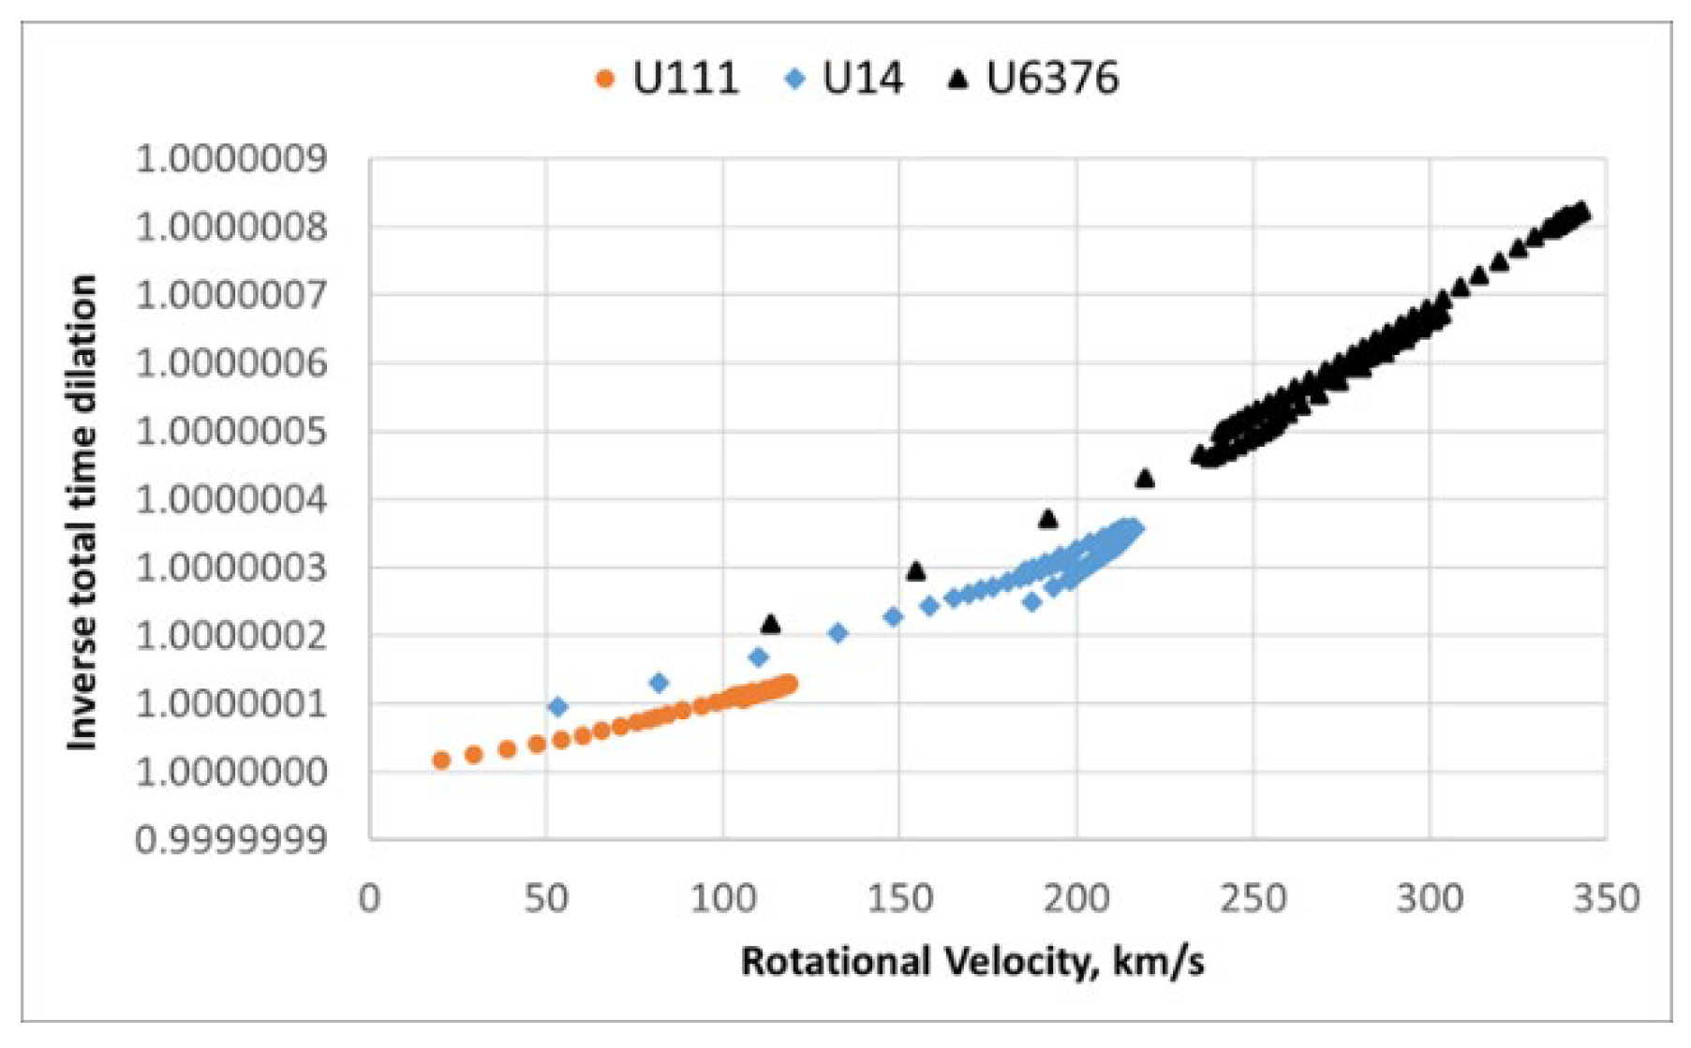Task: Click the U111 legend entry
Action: point(668,79)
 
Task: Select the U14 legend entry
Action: point(844,79)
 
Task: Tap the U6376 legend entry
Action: point(1034,79)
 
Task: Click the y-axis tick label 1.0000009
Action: point(231,159)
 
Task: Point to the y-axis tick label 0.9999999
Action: point(231,840)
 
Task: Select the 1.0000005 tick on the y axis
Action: point(231,432)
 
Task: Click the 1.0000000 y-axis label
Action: point(231,773)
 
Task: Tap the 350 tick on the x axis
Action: point(1606,898)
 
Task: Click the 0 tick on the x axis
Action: point(370,898)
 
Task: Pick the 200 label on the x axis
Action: point(1076,898)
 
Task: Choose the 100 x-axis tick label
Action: point(723,898)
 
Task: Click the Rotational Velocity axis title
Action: point(972,962)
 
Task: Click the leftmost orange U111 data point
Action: point(441,760)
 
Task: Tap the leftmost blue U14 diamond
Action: point(558,706)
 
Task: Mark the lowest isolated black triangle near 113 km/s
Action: point(771,624)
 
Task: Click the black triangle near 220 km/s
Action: point(1145,479)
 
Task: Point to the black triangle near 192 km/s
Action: point(1048,518)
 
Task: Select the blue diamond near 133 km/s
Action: point(838,633)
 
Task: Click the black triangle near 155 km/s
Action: point(916,570)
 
